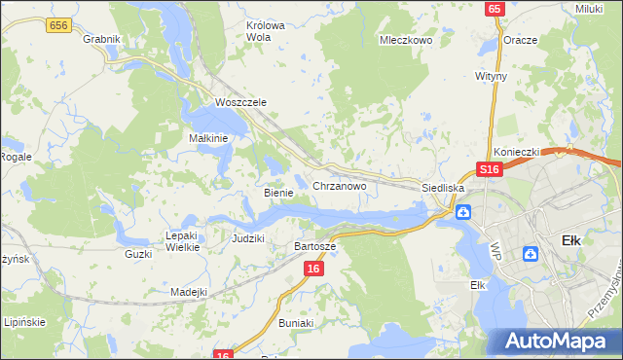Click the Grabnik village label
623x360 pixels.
tap(101, 39)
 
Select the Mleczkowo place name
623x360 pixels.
tap(405, 41)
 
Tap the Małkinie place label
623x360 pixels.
tap(207, 138)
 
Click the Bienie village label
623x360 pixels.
tap(278, 193)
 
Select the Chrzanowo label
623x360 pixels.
tap(339, 185)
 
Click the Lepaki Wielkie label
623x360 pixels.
tap(182, 241)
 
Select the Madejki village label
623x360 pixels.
tap(189, 292)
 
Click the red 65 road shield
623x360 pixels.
tap(495, 9)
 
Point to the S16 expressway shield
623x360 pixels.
tap(489, 169)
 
